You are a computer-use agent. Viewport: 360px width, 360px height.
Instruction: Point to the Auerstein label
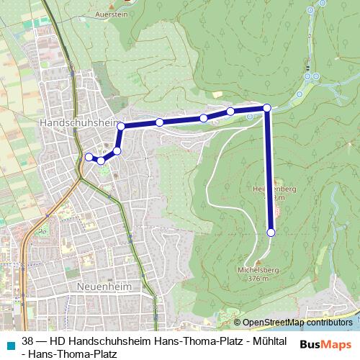coord(112,14)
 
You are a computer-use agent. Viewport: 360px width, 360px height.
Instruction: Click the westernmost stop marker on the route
coord(89,157)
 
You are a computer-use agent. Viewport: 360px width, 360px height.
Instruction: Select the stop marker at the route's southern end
coord(271,232)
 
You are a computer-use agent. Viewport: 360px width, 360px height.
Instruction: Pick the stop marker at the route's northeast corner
coord(267,108)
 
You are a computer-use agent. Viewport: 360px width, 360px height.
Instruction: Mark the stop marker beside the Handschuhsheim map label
coord(121,127)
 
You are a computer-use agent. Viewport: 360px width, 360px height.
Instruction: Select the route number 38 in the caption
coord(28,341)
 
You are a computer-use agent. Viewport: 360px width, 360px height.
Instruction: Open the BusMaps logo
coord(325,344)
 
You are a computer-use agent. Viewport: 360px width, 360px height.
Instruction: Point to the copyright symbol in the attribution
coord(237,323)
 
